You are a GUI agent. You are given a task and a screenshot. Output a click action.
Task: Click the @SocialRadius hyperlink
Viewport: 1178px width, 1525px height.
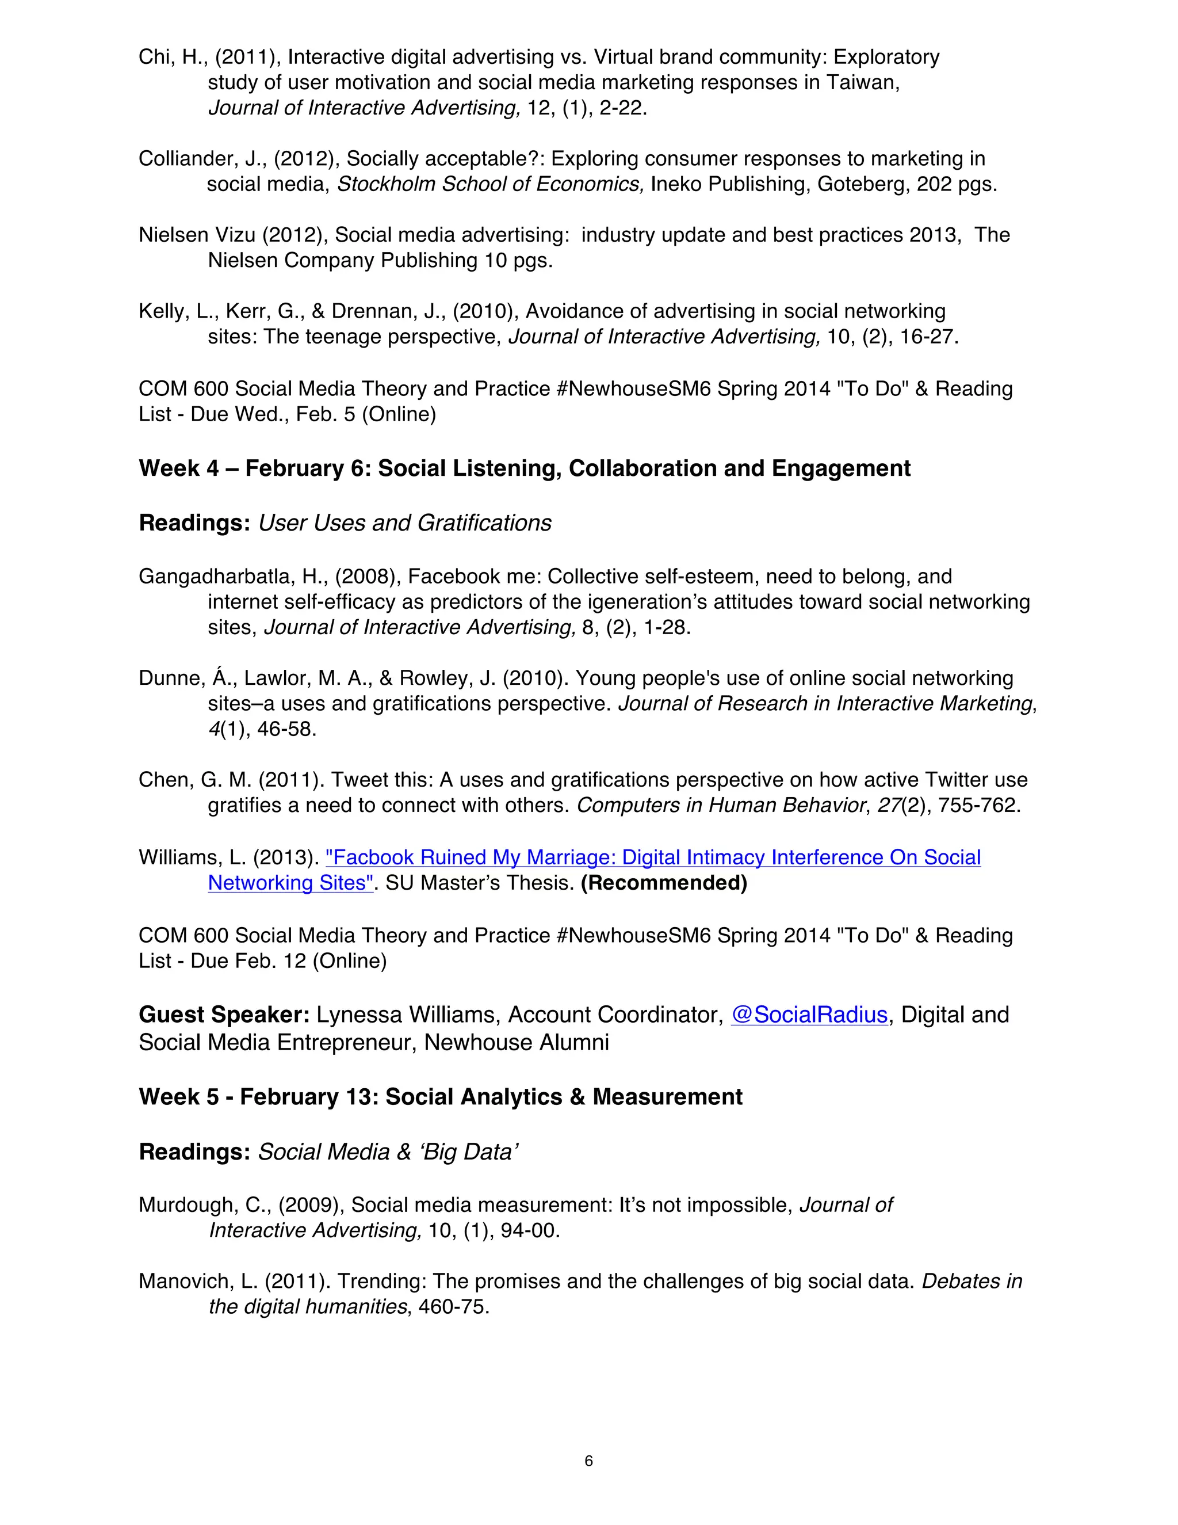809,1014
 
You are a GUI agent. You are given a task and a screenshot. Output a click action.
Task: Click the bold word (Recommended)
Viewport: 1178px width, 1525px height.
664,883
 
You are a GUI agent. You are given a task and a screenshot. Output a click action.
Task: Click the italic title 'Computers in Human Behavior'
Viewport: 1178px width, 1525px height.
720,805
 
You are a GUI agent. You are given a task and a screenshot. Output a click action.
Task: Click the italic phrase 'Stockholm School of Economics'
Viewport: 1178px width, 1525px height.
491,184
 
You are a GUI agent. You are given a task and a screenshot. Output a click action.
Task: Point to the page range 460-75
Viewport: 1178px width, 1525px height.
454,1306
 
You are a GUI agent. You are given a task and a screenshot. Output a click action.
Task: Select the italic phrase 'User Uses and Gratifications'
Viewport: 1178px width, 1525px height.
405,523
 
